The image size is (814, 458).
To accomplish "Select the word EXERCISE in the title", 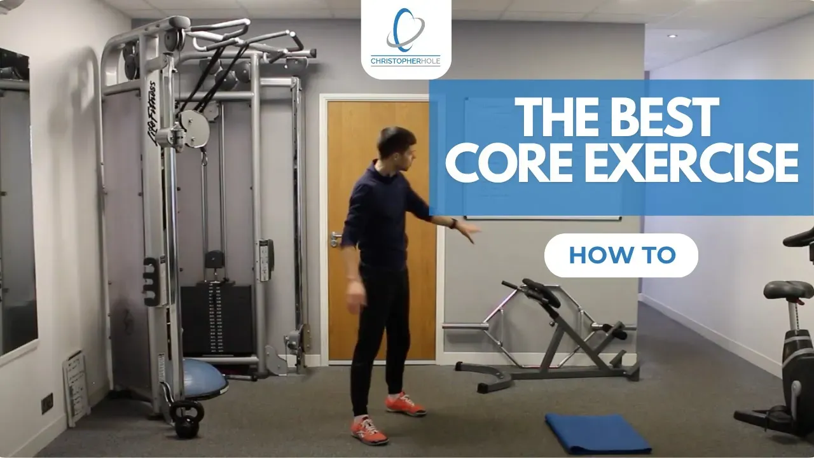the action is [x=691, y=162].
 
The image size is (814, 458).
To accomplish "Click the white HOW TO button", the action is [x=621, y=255].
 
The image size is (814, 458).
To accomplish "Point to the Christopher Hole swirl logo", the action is [x=405, y=30].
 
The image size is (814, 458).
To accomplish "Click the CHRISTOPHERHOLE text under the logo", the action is [x=405, y=61].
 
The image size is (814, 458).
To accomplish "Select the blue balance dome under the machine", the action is [x=205, y=378].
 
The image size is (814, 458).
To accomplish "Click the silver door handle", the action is [x=335, y=238].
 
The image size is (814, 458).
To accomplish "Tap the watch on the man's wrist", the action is [x=453, y=223].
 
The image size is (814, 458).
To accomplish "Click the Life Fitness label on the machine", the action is [x=152, y=114].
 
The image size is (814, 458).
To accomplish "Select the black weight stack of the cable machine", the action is [x=217, y=319].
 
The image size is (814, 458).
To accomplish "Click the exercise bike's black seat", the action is [x=789, y=289].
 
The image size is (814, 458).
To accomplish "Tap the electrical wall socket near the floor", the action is [x=47, y=403].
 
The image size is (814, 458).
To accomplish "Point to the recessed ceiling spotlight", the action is [x=672, y=36].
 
